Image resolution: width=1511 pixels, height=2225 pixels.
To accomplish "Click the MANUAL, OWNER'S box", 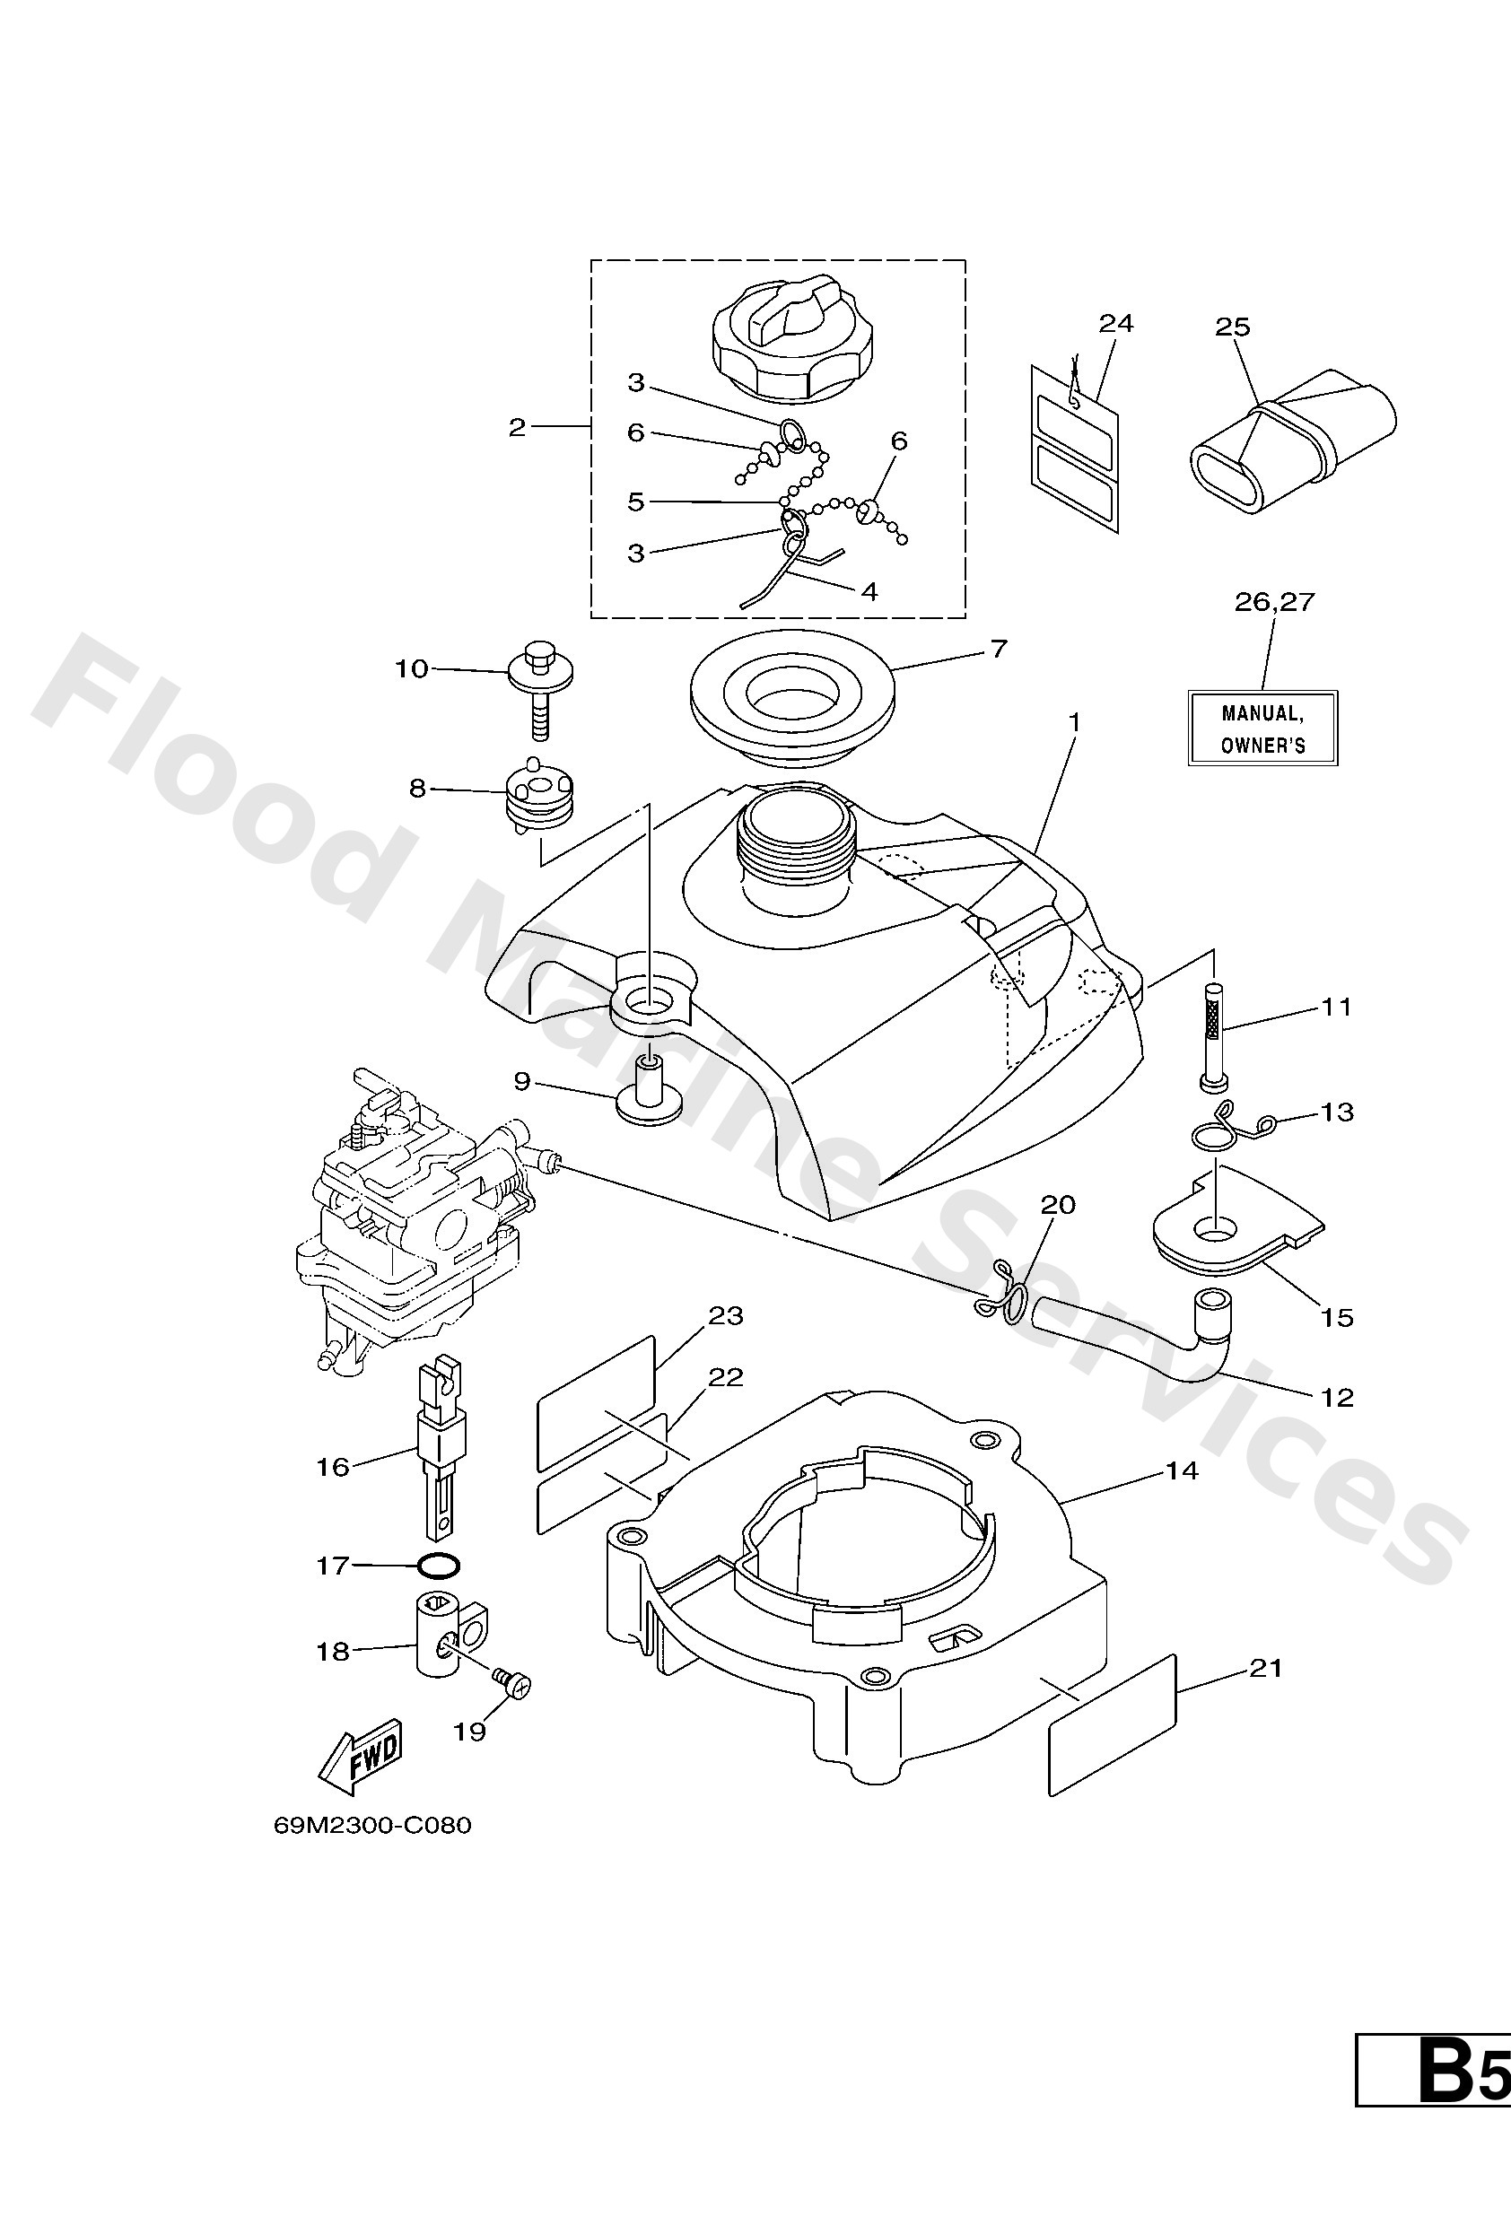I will coord(1262,729).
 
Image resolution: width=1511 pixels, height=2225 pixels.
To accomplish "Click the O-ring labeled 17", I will coord(439,1566).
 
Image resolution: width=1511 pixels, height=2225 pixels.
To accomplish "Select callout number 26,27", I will coord(1273,602).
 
